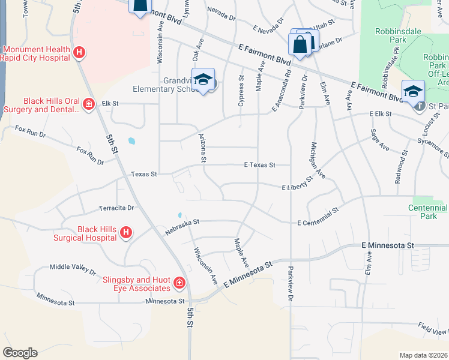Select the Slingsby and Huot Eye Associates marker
[179, 283]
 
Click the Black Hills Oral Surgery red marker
[88, 105]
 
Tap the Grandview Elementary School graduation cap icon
[203, 80]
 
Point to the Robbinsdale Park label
[397, 35]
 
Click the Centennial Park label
[430, 211]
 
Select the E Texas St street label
[259, 164]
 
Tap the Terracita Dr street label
[116, 208]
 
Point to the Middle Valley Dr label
[73, 268]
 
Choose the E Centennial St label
[318, 217]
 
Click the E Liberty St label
[298, 184]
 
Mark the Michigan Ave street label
[318, 160]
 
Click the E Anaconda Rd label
[282, 91]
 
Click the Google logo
[20, 353]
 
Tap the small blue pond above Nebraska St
[179, 215]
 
